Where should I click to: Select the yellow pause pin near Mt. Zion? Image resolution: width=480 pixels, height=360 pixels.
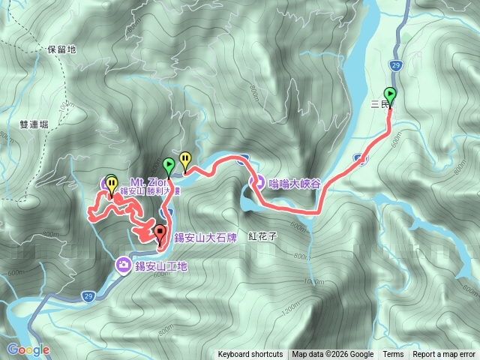tap(112, 183)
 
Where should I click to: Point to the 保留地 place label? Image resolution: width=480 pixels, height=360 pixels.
tap(61, 49)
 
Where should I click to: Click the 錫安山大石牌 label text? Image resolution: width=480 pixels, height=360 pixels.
tap(205, 238)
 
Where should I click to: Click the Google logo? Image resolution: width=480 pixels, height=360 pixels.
tap(28, 349)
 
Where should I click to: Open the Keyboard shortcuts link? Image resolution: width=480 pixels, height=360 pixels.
tap(250, 355)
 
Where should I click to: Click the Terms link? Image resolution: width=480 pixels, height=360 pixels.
tap(393, 355)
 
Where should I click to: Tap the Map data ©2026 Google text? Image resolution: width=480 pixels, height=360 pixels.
tap(333, 355)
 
